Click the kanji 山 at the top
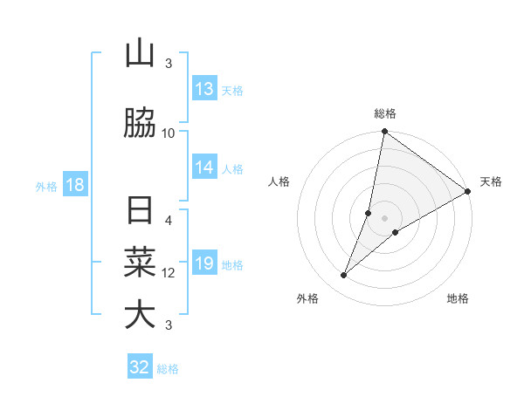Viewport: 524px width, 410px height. (140, 54)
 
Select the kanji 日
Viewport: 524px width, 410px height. (140, 212)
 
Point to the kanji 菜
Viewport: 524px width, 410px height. (140, 262)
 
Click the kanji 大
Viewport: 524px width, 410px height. (140, 315)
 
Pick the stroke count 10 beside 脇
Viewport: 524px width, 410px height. (169, 133)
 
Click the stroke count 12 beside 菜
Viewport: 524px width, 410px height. (169, 273)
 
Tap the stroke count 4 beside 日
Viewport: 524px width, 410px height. (169, 221)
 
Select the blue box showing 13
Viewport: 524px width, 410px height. (204, 89)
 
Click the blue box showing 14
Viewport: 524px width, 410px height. (204, 167)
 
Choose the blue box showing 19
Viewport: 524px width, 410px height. (204, 263)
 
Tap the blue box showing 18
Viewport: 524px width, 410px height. (74, 185)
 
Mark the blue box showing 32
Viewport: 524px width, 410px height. (140, 367)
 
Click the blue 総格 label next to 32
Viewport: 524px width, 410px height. (168, 369)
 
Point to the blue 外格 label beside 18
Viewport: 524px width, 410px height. (46, 186)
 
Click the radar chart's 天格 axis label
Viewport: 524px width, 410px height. (491, 181)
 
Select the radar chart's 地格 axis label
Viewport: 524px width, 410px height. (458, 299)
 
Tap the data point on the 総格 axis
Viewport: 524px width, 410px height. (384, 132)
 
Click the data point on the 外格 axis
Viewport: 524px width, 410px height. (344, 276)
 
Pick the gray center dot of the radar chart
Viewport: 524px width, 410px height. (385, 218)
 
